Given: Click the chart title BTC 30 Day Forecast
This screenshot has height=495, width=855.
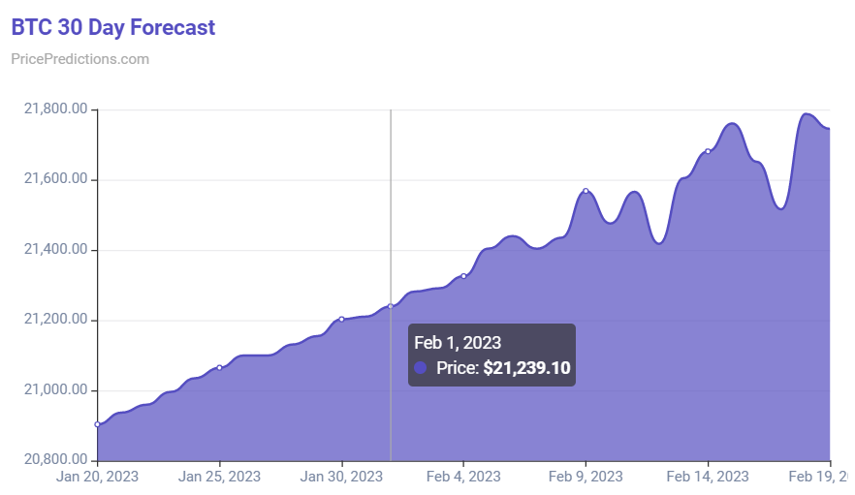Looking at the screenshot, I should pyautogui.click(x=113, y=27).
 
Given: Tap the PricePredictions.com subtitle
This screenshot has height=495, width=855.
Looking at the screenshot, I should pyautogui.click(x=79, y=59).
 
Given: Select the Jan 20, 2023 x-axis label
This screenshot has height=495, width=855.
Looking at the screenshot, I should pyautogui.click(x=97, y=477).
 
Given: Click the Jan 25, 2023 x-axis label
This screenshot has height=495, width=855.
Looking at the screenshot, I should pyautogui.click(x=219, y=477).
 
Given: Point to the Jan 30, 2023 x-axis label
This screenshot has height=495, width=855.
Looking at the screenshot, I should pyautogui.click(x=341, y=477).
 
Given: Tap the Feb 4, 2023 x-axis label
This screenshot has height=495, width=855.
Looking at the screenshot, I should pyautogui.click(x=463, y=477).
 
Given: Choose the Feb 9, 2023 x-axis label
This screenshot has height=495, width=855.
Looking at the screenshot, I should pyautogui.click(x=586, y=477).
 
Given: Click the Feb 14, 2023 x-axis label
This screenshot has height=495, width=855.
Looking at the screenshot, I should pyautogui.click(x=708, y=477).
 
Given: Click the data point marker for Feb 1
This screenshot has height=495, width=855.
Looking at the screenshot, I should pyautogui.click(x=391, y=306).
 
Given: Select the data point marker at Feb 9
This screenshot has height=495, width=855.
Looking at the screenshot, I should pyautogui.click(x=586, y=191).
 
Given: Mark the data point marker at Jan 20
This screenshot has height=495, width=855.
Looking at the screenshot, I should pyautogui.click(x=97, y=424).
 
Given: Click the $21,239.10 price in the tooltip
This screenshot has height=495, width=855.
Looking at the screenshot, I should pyautogui.click(x=525, y=368).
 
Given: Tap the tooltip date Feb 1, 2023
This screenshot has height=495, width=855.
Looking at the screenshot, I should pyautogui.click(x=458, y=342).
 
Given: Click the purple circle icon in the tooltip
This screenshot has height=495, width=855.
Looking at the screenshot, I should pyautogui.click(x=421, y=368).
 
